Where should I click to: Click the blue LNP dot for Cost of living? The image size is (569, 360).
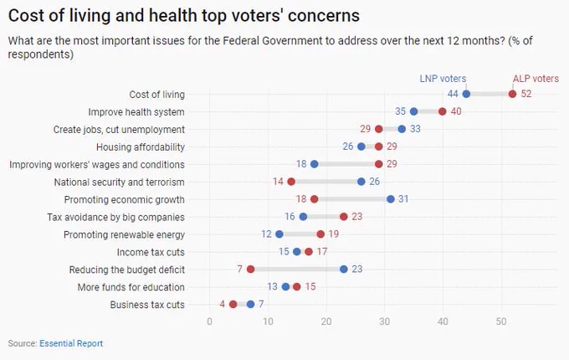pos(466,94)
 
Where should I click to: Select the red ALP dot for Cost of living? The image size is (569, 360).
pos(512,94)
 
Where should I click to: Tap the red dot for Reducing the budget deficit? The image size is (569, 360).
pos(250,270)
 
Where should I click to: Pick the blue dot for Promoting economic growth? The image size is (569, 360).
pos(391,199)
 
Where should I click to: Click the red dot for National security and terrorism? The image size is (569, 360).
pos(291,182)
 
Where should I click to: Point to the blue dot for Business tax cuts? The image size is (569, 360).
pos(250,304)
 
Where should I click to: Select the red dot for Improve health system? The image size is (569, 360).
pos(443,111)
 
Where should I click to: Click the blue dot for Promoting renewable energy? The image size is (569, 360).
pos(279,234)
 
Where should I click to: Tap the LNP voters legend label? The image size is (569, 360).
pos(443,79)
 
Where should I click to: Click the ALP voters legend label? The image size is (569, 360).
pos(536,79)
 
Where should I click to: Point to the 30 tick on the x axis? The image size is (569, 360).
pos(384,321)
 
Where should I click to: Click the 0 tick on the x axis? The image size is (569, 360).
pos(209,321)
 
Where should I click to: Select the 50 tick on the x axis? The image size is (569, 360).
pos(501,321)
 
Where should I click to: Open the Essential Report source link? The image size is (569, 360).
pos(71,343)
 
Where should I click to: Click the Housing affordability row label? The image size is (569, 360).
pos(141,147)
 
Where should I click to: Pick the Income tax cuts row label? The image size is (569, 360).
pos(151,252)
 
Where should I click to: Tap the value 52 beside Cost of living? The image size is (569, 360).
pos(526,94)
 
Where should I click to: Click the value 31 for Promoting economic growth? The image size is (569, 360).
pos(403,199)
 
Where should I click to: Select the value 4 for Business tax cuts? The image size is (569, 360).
pos(222,304)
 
